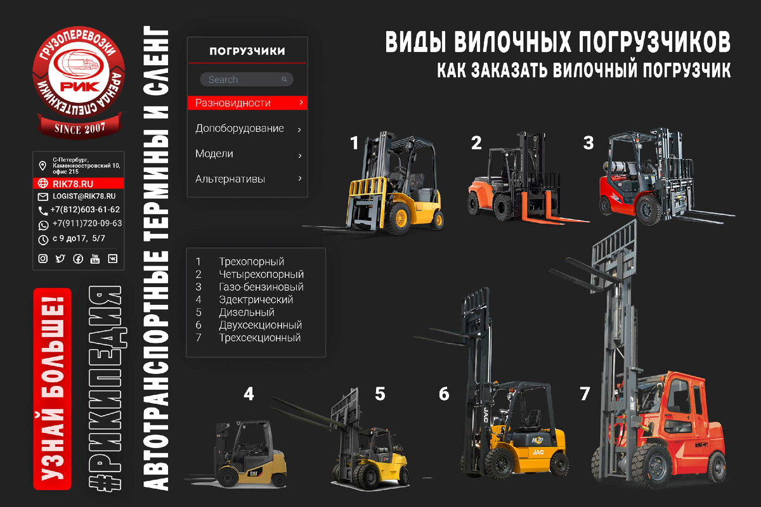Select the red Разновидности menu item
pos(247,103)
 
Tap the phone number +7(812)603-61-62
pos(85,210)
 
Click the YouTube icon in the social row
pos(95,259)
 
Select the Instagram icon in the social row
pos(43,259)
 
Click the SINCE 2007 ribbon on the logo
pos(79,127)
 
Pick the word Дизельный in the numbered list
pos(247,312)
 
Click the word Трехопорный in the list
pos(251,262)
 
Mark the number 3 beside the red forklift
pos(589,143)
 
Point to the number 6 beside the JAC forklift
pos(444,394)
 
